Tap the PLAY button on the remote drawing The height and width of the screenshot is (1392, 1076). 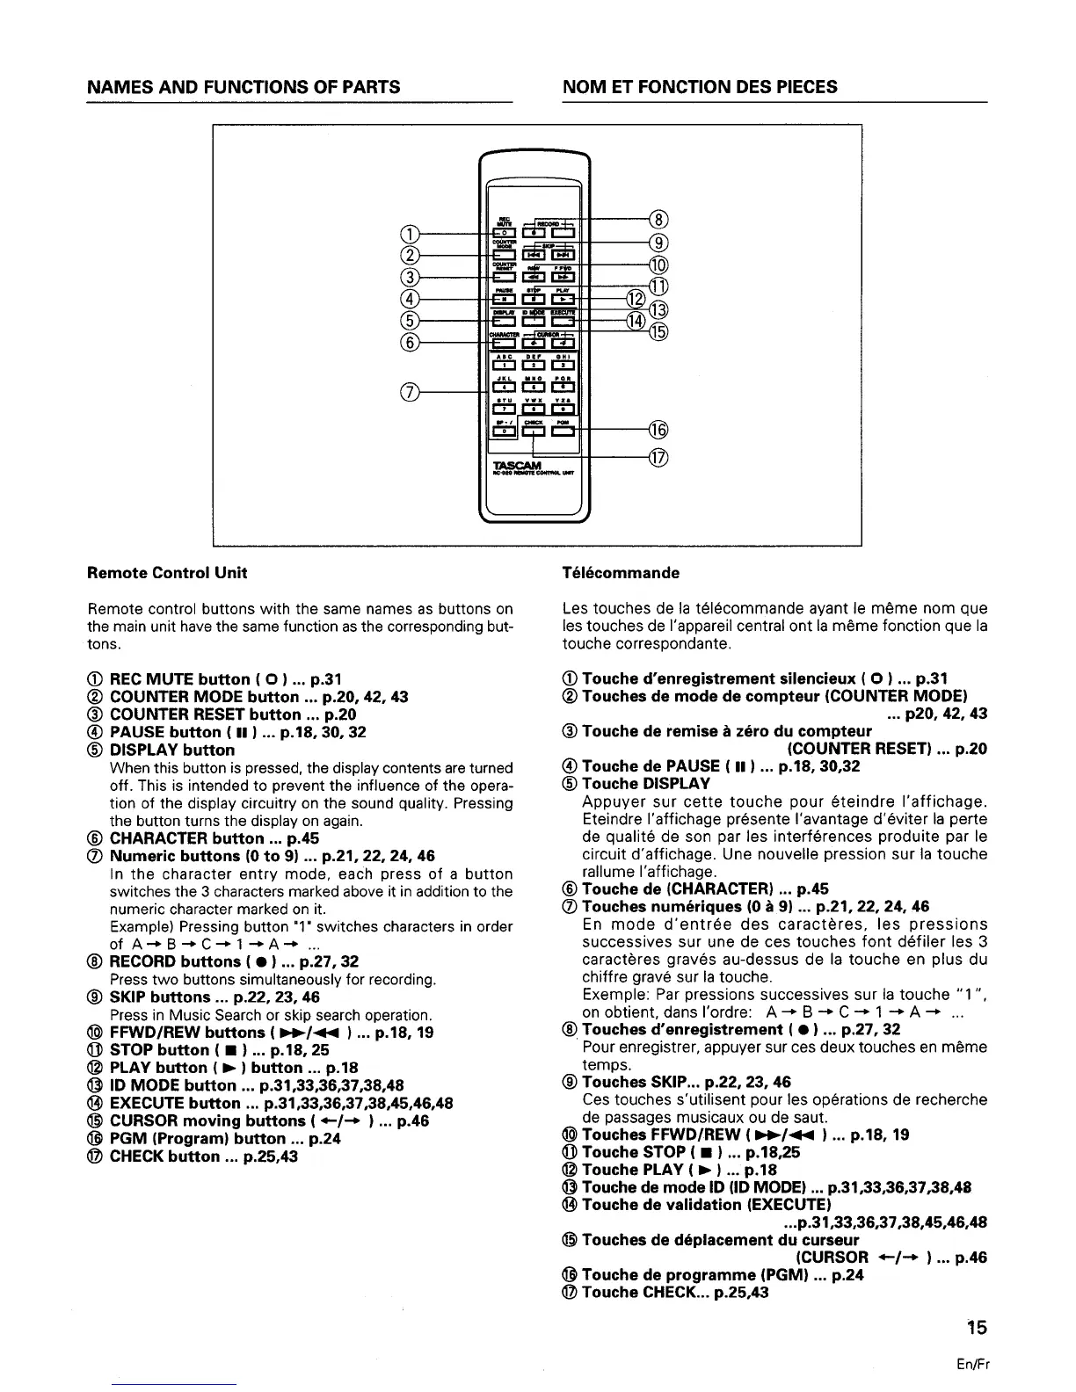coord(562,300)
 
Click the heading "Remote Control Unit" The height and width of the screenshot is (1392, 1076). coord(167,573)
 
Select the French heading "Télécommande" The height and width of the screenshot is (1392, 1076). coord(621,573)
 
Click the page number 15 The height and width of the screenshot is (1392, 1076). coord(976,1327)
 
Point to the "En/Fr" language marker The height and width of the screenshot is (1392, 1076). coord(976,1365)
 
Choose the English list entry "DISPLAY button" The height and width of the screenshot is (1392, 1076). coord(171,750)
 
